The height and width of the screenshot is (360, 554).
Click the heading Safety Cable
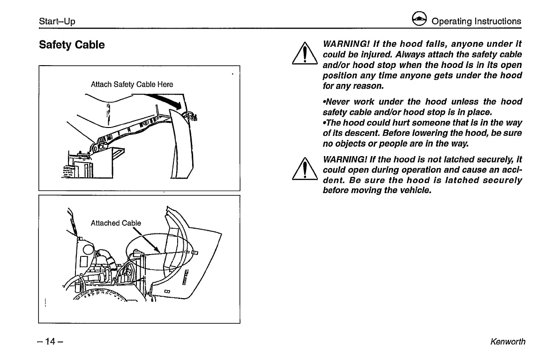point(72,45)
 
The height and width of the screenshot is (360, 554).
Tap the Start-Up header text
point(57,22)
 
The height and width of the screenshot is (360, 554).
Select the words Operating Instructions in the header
point(476,22)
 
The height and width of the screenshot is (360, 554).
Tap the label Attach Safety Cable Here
point(132,84)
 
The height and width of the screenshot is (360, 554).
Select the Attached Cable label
point(115,223)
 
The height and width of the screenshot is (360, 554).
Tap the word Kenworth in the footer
point(508,342)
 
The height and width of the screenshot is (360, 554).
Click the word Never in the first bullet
point(336,102)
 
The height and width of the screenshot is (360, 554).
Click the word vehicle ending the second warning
point(413,190)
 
